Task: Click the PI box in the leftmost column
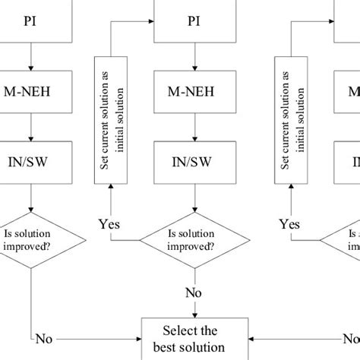(30, 21)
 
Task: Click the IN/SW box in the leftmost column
(30, 161)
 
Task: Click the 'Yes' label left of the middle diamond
(109, 225)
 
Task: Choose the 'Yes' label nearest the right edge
(289, 225)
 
